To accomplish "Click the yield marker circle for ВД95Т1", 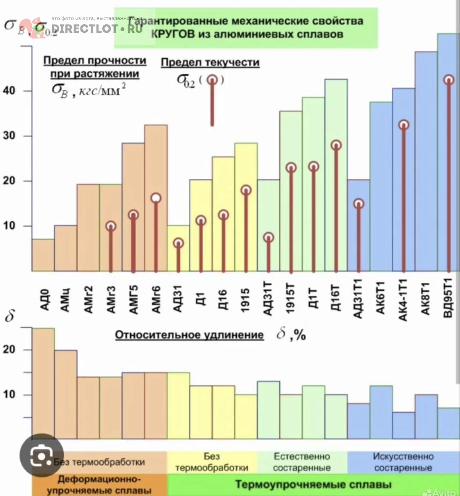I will coord(448,80).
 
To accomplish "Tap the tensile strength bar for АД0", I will coord(43,255).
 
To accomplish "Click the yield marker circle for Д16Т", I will coord(336,145).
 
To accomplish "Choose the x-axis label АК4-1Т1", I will coord(403,301).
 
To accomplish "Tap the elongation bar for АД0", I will coord(43,383).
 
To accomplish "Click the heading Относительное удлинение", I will coord(190,335).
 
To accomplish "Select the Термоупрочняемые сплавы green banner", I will coord(313,485).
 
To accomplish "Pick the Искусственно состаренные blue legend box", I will coord(403,462).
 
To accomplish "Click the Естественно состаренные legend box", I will coord(302,462).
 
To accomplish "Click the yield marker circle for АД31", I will coord(178,243).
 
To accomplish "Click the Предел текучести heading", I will coord(210,63).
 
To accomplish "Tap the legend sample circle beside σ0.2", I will coord(212,80).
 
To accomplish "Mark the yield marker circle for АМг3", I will coord(111,226).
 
